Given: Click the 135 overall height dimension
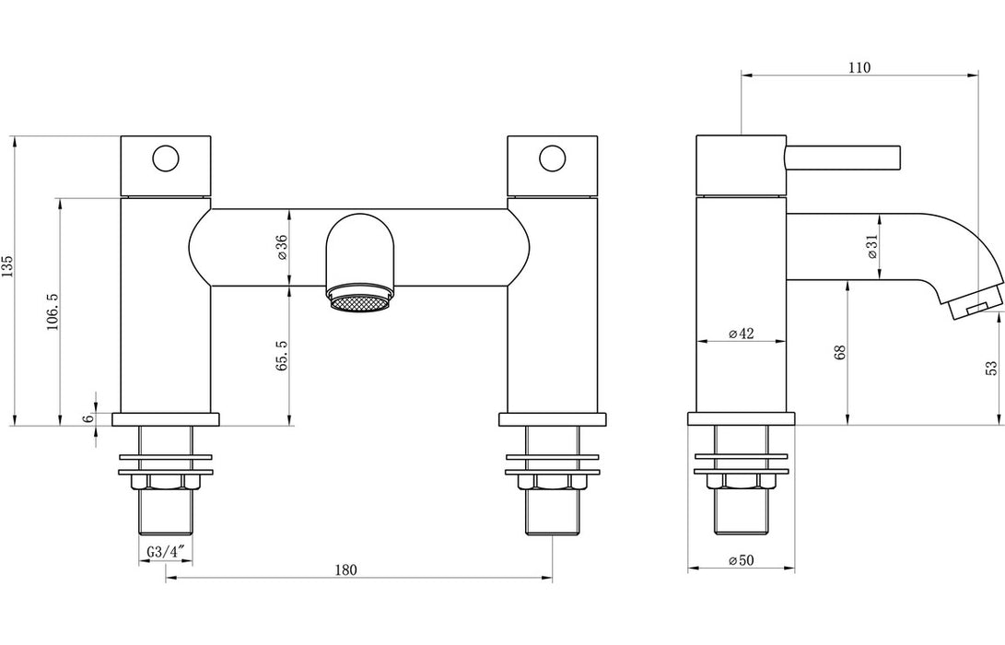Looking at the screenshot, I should (x=8, y=267).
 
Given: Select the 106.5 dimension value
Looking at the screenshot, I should (x=52, y=311).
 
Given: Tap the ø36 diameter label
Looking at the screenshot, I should (x=281, y=248).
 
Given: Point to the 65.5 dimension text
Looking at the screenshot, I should (x=281, y=355).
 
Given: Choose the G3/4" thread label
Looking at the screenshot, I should (x=166, y=552).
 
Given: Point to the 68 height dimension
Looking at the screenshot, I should (x=839, y=354).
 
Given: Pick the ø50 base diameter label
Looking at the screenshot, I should (x=742, y=560).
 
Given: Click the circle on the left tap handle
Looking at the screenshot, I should (x=166, y=158).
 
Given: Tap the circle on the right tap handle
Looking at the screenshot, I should (x=553, y=158).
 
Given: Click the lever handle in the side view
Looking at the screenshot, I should (x=842, y=157).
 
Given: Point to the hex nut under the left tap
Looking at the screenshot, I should (x=166, y=482).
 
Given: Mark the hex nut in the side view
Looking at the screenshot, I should (x=742, y=482).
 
